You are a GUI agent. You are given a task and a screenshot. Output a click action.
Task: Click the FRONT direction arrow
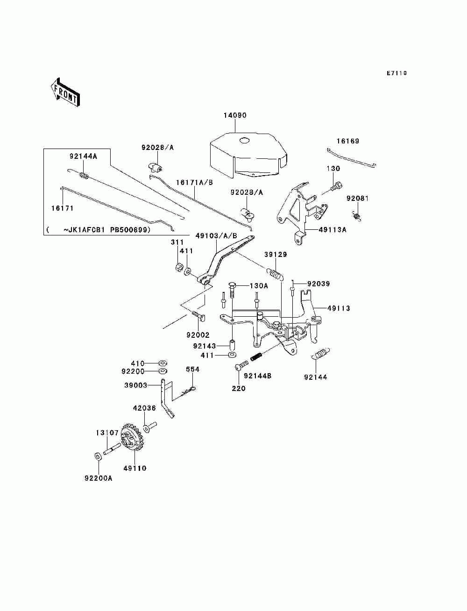tap(65, 92)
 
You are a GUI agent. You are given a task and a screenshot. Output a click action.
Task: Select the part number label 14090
tap(235, 115)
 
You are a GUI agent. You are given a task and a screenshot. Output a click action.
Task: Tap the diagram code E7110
tap(396, 73)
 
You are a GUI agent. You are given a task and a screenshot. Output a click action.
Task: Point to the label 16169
tap(347, 141)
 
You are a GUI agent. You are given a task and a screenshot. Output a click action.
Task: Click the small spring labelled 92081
tap(357, 215)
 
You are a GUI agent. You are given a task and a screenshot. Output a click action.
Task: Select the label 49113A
tap(333, 230)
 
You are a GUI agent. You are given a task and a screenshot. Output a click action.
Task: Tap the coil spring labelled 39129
tap(275, 274)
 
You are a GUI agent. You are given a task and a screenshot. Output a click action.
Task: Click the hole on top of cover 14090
tap(245, 141)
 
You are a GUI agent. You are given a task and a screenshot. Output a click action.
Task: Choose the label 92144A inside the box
tap(83, 156)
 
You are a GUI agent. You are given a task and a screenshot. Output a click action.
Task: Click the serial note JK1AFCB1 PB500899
tap(107, 230)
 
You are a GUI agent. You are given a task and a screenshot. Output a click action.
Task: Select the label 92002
tap(198, 335)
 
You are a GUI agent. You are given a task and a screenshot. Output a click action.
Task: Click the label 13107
tap(107, 433)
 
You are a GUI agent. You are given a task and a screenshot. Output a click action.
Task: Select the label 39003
tap(135, 385)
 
